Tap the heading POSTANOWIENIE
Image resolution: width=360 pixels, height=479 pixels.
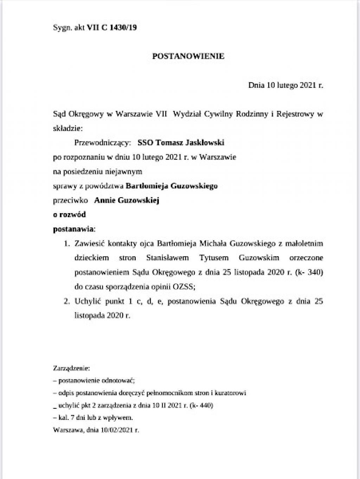pyautogui.click(x=188, y=56)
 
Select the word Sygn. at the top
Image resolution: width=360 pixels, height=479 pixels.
pyautogui.click(x=62, y=28)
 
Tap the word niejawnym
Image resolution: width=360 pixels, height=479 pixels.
pyautogui.click(x=127, y=171)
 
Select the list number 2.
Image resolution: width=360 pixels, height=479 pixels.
pyautogui.click(x=66, y=301)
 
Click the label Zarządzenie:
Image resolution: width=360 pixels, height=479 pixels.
pyautogui.click(x=72, y=369)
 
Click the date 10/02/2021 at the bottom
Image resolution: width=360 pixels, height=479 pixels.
pyautogui.click(x=118, y=429)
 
